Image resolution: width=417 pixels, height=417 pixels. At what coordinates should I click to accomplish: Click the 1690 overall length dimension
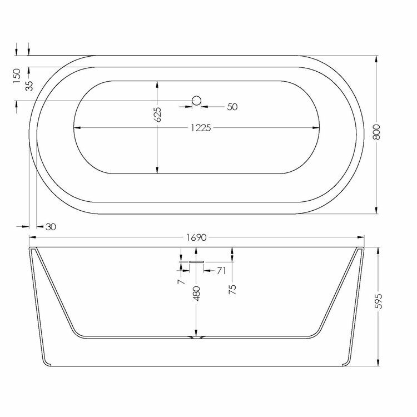pos(196,237)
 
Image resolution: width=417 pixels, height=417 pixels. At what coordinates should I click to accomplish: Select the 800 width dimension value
pos(376,132)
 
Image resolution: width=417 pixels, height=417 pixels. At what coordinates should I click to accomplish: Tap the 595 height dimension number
pos(378,301)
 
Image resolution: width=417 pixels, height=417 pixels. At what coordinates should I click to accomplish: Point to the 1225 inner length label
pos(201,128)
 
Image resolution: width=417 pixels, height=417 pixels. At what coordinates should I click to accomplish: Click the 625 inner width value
pos(157,115)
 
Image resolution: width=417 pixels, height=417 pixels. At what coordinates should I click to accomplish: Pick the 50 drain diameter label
pos(232,107)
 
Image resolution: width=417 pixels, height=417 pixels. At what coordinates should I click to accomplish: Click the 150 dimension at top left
pos(17,76)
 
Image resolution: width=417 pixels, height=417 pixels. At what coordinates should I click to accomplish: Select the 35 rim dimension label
pos(29,86)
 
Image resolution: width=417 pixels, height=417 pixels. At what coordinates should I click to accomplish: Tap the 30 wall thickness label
pos(51,227)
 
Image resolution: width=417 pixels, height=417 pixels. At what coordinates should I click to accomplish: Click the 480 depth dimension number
pos(196,294)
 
